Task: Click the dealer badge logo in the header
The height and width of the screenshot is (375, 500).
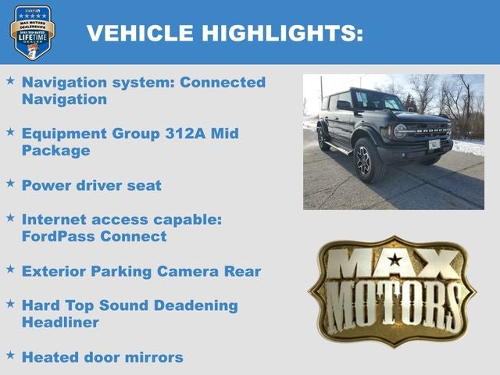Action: coord(32,32)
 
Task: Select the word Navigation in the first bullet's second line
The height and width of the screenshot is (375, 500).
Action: coord(64,99)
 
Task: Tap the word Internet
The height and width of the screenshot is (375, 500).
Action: coord(55,220)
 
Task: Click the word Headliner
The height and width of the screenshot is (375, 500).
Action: coord(60,322)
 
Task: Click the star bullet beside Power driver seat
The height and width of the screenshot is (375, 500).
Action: coord(10,184)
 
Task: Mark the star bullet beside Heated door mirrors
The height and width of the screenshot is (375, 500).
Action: coord(10,355)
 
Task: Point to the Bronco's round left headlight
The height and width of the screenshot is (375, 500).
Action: coord(401,131)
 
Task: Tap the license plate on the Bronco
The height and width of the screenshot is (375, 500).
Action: coord(434,145)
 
